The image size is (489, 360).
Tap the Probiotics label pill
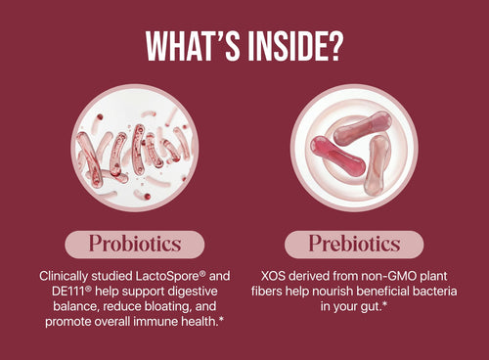pos(134,244)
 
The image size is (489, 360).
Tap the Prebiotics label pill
pos(355,244)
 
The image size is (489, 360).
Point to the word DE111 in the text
pos(56,293)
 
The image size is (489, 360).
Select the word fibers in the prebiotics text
pos(284,293)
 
